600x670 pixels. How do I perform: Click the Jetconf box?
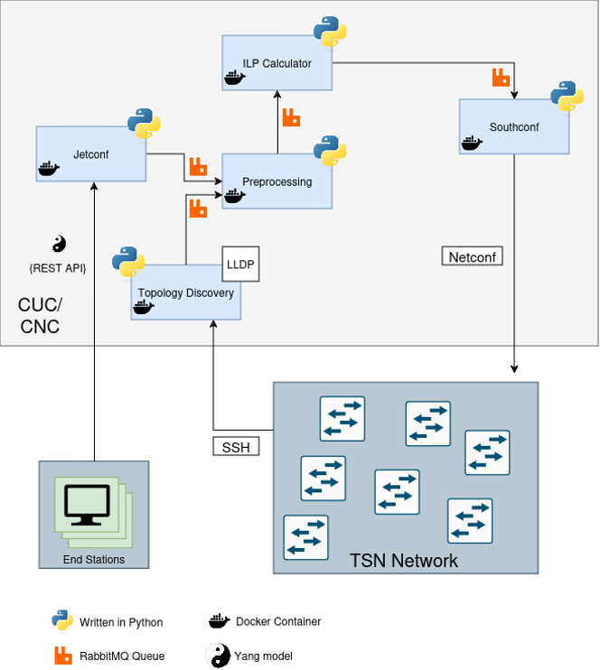90,154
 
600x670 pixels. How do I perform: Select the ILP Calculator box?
277,63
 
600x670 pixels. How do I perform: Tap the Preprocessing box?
277,181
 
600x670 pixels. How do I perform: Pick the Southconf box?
513,127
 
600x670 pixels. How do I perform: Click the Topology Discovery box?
185,293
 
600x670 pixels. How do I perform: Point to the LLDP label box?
241,264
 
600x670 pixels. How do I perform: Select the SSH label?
236,446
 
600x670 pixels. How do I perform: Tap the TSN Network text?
404,561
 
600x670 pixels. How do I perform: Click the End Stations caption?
94,560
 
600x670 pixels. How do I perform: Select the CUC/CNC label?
40,314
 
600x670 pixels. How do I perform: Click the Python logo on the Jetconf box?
144,123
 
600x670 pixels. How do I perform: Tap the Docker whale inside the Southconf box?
472,143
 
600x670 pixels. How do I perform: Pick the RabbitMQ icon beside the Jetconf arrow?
198,166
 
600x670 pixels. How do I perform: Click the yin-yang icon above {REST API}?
57,244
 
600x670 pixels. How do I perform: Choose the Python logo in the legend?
62,620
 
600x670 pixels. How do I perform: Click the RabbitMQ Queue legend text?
122,656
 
